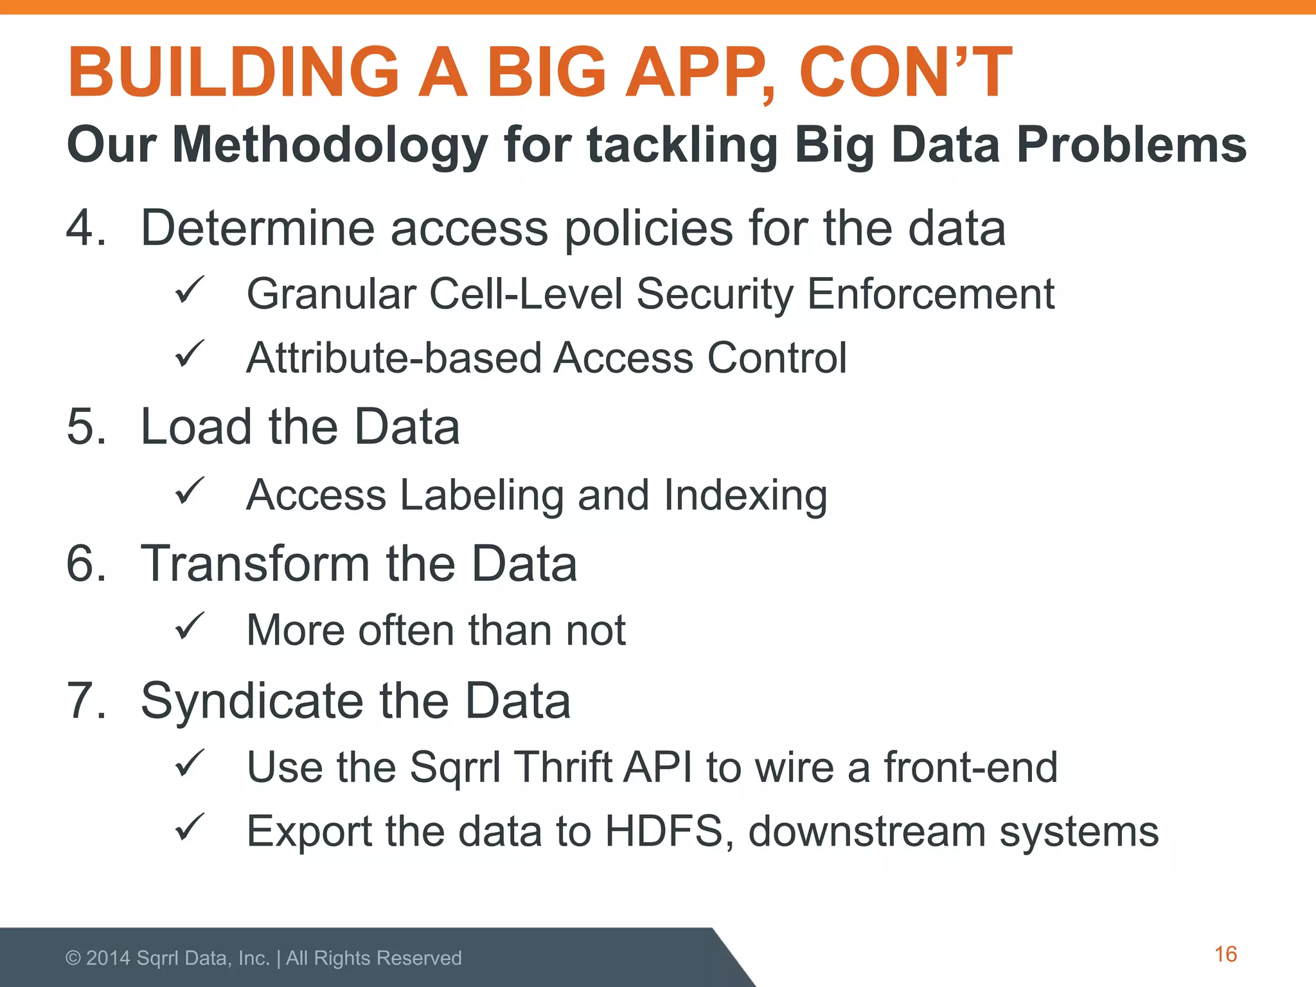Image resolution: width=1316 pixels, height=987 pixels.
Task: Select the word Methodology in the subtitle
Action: (x=330, y=145)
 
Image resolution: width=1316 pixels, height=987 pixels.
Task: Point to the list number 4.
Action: (x=85, y=228)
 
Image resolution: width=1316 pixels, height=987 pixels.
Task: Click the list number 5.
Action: (x=85, y=427)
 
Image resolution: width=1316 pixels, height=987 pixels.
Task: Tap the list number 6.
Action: (x=85, y=564)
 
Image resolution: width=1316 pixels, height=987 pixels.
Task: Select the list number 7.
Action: (x=85, y=700)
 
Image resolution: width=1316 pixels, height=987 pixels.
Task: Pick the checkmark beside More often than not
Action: (x=190, y=626)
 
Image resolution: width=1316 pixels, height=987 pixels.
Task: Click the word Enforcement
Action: (x=930, y=294)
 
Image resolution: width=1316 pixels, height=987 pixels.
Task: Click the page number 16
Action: (x=1225, y=954)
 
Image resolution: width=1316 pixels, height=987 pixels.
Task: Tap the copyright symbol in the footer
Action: (x=73, y=958)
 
